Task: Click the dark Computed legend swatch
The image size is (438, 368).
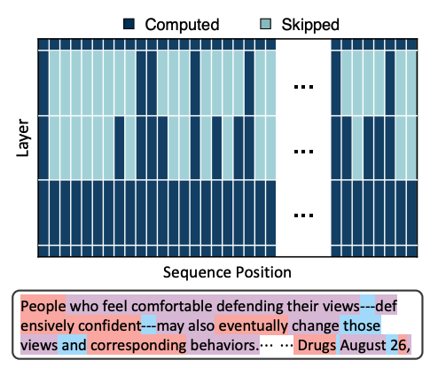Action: (129, 24)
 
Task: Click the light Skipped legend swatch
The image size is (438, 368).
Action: (265, 24)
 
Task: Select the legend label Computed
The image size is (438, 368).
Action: (182, 25)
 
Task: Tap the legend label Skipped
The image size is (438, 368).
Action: (310, 25)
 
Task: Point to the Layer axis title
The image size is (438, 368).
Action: (23, 137)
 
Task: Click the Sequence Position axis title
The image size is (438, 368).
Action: (227, 272)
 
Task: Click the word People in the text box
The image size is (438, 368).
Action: (43, 306)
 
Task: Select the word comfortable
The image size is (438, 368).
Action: (172, 306)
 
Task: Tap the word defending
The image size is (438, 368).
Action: (250, 306)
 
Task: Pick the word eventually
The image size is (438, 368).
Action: (254, 326)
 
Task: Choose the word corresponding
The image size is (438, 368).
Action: (138, 346)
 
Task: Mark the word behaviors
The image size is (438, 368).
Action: (224, 345)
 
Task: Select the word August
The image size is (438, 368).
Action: (364, 346)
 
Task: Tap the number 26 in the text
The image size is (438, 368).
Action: (398, 345)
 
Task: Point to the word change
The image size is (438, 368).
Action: (316, 326)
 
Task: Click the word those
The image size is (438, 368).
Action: (362, 325)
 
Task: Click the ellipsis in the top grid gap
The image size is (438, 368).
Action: (303, 87)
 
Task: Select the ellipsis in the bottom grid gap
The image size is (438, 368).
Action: (303, 215)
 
